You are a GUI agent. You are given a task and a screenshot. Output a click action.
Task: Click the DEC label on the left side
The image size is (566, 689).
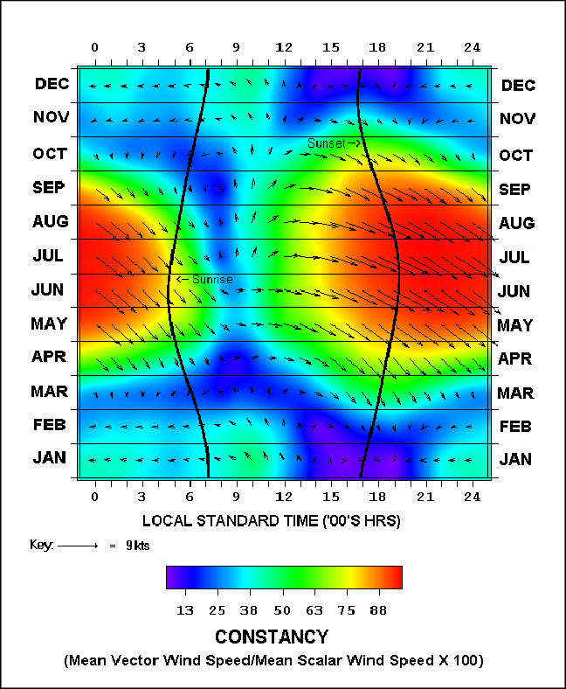(52, 85)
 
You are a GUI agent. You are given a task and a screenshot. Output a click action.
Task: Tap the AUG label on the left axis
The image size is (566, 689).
(52, 222)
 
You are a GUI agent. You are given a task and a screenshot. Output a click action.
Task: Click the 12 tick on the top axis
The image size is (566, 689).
(284, 46)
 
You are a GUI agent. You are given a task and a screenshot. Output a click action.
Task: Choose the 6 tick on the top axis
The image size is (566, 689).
(189, 46)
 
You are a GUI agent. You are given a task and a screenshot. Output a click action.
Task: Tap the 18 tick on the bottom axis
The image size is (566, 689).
(378, 497)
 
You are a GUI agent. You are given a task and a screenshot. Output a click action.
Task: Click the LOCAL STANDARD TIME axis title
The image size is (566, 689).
(271, 521)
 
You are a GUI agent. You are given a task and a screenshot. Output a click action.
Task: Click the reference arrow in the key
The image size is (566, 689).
(78, 545)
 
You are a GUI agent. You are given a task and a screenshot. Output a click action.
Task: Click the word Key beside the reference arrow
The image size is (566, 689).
(41, 545)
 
